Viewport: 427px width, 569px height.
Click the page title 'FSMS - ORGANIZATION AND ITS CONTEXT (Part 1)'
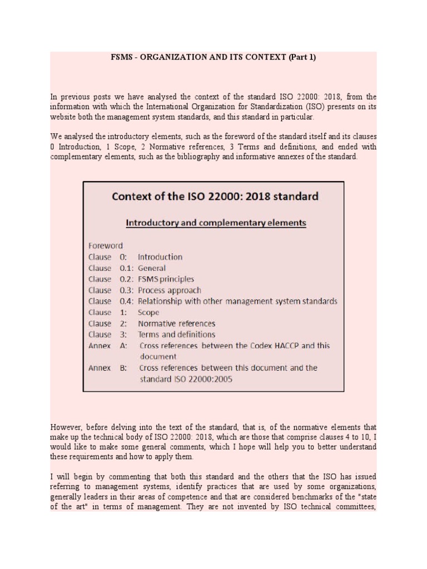pos(213,57)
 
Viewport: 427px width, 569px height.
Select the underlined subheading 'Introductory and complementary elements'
pos(216,223)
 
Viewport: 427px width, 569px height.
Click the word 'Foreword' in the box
pos(106,246)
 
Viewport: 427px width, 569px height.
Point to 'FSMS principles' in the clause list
pos(166,279)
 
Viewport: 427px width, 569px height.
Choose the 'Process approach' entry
pos(170,290)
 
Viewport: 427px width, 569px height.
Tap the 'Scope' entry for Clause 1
pos(148,312)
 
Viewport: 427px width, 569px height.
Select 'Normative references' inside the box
pos(176,323)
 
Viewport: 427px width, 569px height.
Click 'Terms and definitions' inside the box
pos(176,335)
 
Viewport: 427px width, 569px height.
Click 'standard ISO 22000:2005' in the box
pos(186,379)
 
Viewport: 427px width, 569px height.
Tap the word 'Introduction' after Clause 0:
pos(160,257)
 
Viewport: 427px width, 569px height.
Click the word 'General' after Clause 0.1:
pos(152,268)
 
